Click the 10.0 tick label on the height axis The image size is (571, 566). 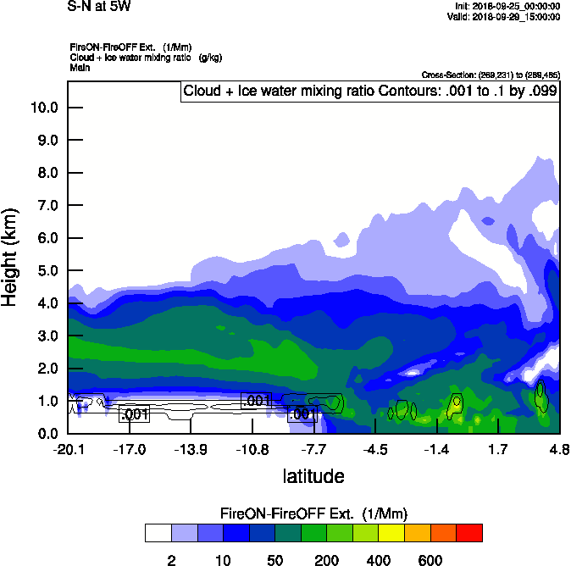point(43,108)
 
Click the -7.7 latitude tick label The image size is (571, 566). point(314,448)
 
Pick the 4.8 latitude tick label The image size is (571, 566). point(558,448)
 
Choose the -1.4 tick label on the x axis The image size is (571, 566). point(436,448)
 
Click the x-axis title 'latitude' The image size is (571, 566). point(313,476)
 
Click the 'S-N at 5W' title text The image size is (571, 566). point(99,7)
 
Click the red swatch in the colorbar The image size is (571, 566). point(469,533)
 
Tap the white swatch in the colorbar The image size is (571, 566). point(158,533)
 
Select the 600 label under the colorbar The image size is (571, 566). point(430,560)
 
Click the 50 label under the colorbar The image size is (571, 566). point(274,560)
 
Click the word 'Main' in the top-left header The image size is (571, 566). point(80,67)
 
